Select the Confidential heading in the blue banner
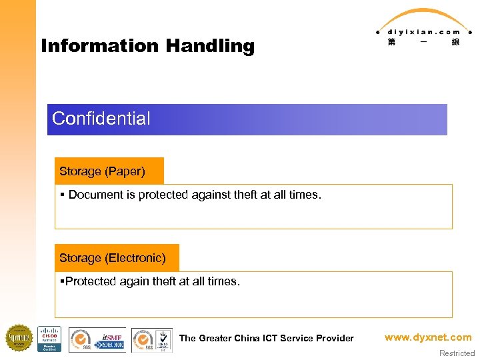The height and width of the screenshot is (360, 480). [101, 119]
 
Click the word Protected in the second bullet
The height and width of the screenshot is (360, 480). [91, 281]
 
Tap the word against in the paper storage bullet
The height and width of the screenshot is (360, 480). [193, 195]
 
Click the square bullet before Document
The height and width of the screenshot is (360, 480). [62, 195]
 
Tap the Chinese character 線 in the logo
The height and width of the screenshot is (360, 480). [455, 42]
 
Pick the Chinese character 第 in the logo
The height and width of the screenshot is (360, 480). [391, 42]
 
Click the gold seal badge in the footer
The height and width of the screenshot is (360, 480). [19, 338]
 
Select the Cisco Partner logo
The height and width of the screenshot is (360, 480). [49, 339]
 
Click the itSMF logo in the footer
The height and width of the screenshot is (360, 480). [111, 339]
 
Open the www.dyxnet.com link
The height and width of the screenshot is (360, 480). [427, 337]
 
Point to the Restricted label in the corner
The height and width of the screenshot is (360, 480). [457, 353]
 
